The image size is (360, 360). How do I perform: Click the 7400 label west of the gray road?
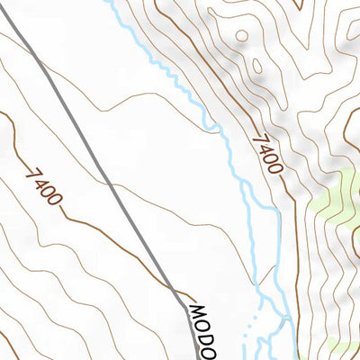click(x=43, y=185)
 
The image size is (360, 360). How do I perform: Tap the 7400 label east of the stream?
click(x=267, y=154)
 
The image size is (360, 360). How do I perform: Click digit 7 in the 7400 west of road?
click(x=31, y=172)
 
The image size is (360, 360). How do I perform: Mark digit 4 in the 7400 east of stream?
click(x=265, y=148)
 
